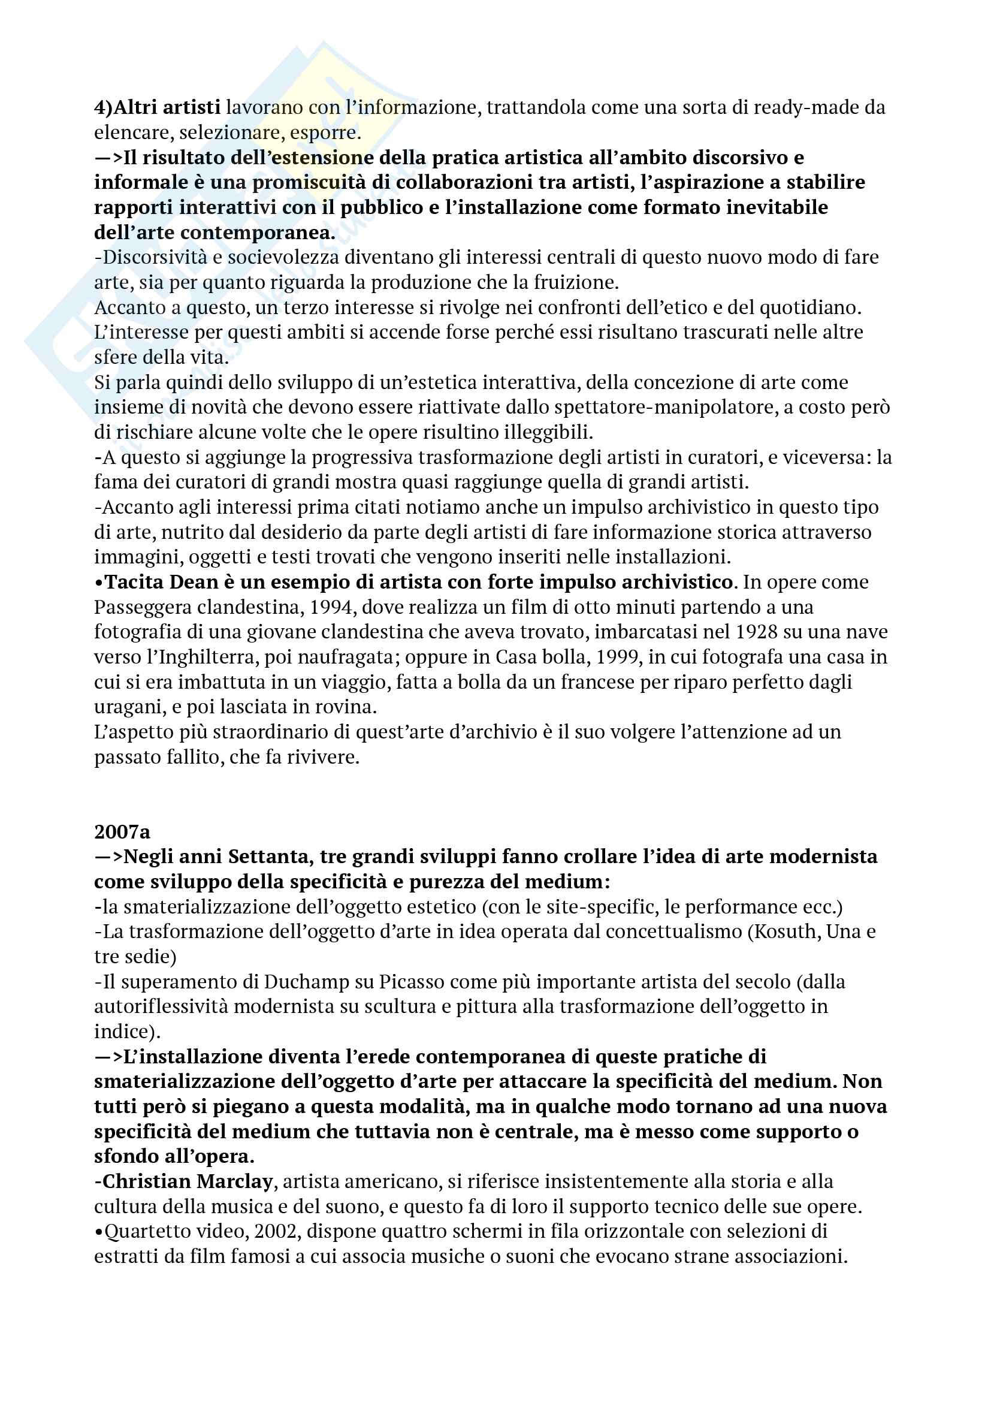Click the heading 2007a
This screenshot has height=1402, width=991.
coord(122,832)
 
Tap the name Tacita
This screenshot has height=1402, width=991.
coord(134,582)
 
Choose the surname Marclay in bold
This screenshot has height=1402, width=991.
coord(234,1181)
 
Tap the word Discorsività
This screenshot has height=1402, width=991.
coord(155,257)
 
